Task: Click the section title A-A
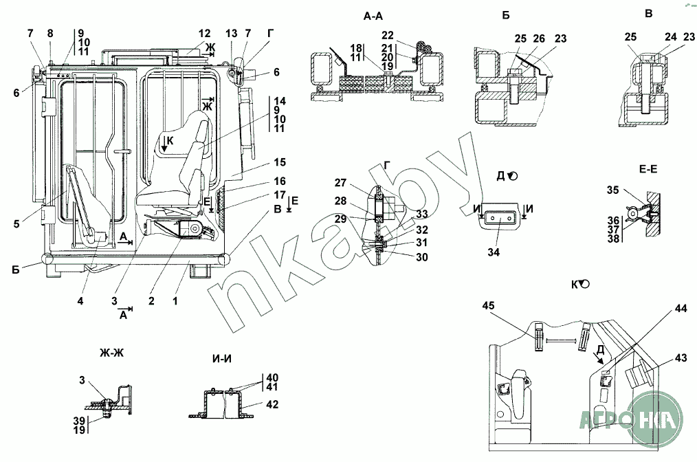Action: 373,16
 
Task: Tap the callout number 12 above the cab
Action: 204,34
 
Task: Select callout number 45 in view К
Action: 487,306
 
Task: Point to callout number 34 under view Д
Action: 494,252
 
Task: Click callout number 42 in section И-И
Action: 272,404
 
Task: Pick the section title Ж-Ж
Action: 111,353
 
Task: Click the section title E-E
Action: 648,169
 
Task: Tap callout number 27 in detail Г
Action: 340,183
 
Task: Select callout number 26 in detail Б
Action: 539,38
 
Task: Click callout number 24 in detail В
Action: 671,37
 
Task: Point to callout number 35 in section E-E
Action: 613,190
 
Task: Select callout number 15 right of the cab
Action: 280,162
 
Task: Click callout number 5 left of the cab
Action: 16,223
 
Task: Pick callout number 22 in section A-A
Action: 387,35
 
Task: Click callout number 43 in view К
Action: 681,357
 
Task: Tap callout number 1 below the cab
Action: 175,301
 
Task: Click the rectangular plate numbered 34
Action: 500,219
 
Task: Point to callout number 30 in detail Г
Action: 421,257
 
